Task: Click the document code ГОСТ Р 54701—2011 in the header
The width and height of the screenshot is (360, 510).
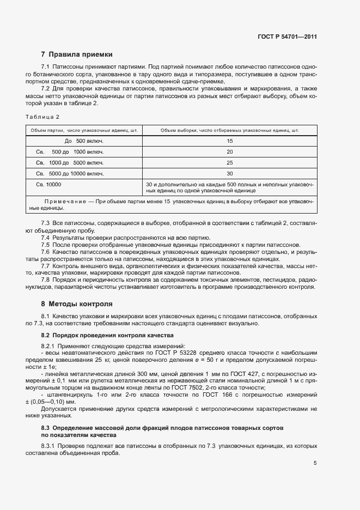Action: [x=287, y=37]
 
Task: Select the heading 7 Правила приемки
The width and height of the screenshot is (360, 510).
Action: [x=77, y=54]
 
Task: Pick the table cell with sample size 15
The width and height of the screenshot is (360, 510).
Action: [x=229, y=141]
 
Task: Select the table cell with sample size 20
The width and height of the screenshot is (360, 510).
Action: [x=229, y=151]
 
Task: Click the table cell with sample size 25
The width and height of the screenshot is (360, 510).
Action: [x=229, y=162]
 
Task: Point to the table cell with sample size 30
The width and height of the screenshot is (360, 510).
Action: [x=229, y=173]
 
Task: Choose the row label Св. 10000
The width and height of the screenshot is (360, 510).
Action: [x=48, y=185]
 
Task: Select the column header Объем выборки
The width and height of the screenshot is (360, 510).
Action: [x=229, y=130]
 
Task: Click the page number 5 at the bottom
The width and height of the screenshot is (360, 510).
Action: [x=315, y=463]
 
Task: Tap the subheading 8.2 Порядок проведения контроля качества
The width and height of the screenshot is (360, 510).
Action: [x=107, y=336]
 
